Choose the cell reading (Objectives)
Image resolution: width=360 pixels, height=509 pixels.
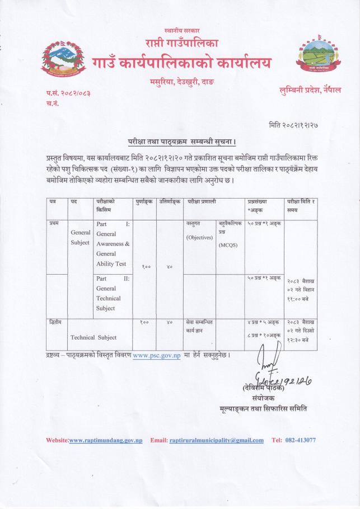pos(199,237)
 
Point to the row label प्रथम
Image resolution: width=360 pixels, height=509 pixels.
pos(55,224)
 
